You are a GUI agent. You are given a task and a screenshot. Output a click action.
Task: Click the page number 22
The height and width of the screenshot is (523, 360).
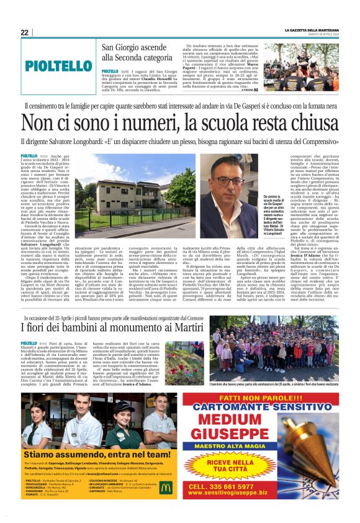24,32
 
